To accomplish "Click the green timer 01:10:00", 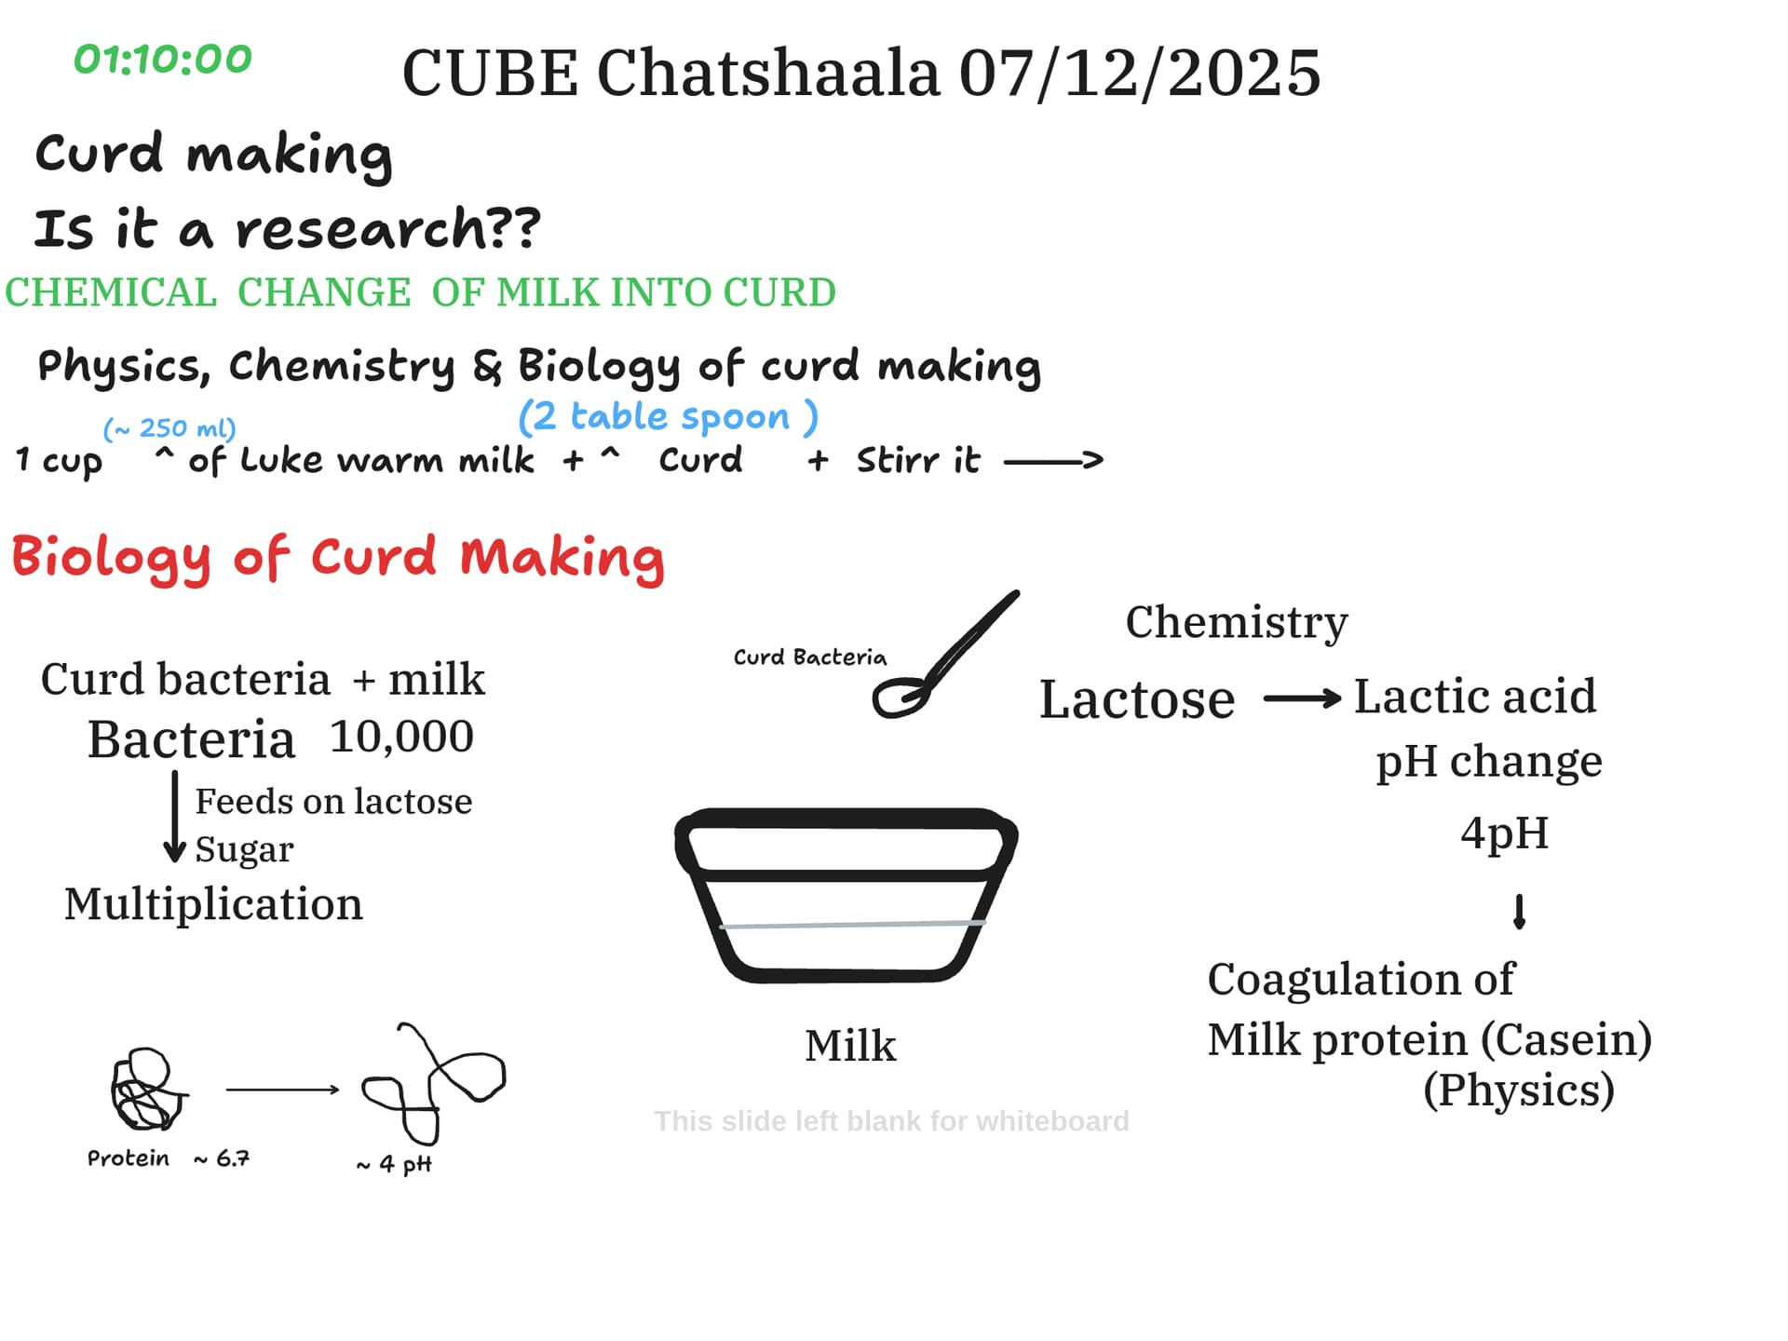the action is pos(163,60).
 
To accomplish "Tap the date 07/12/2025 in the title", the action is pos(1140,73).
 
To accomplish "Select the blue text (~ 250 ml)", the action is pos(169,428).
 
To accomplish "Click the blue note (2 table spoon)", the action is pos(668,416).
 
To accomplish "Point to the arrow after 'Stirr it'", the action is pos(1053,460).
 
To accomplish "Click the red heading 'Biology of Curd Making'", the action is pos(338,557).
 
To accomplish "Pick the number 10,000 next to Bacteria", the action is pos(401,737).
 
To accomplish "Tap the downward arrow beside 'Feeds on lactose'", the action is pos(174,818).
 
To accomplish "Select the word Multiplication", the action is pos(213,903).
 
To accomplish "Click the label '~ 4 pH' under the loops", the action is pos(394,1164).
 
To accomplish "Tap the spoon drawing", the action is pos(942,657).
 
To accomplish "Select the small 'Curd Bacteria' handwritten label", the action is pos(810,657).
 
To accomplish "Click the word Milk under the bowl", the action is pos(850,1046).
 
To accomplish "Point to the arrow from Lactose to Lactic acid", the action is pos(1302,698).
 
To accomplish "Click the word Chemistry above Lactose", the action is pos(1237,623).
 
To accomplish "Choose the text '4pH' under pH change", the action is pos(1505,833).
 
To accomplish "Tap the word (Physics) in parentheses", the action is pos(1519,1090).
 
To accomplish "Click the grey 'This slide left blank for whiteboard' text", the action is pos(891,1121).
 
